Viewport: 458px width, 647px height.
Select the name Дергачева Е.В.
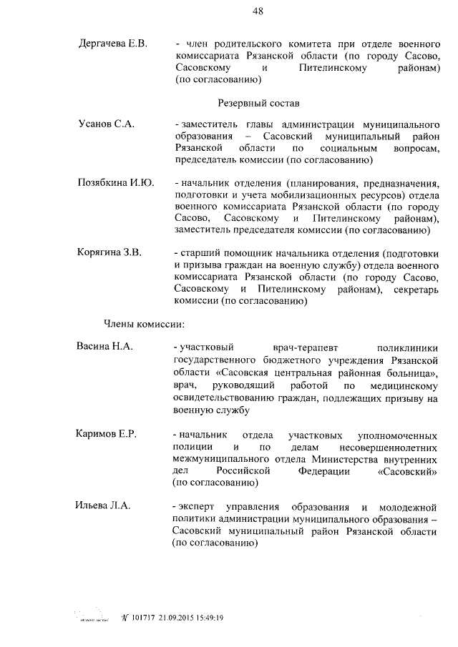[112, 44]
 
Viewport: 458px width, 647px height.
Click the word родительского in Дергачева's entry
[240, 45]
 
